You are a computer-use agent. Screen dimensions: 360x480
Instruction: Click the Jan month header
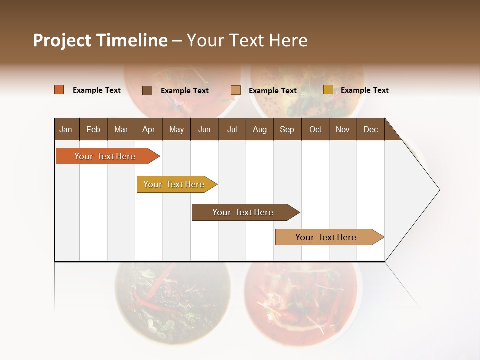[x=66, y=129]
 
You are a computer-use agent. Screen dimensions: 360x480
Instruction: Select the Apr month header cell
[x=148, y=129]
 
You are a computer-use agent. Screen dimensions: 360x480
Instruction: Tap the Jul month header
[x=232, y=129]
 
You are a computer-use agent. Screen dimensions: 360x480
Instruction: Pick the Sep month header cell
[x=287, y=129]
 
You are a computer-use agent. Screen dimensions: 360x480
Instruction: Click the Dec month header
[x=370, y=129]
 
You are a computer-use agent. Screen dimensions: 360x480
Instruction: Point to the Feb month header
[x=93, y=129]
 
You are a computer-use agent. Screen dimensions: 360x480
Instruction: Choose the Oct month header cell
[x=315, y=129]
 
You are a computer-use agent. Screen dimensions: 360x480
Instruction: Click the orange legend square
[x=59, y=90]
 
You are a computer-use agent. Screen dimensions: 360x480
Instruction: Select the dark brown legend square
[x=147, y=90]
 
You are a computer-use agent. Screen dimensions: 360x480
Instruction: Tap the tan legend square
[x=236, y=90]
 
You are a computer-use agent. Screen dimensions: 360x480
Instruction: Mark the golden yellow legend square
[x=328, y=90]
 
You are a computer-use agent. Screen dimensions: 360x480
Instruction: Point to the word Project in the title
[x=62, y=40]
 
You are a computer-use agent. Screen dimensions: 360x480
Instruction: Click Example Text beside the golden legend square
[x=364, y=90]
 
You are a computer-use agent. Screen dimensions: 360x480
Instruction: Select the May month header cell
[x=176, y=129]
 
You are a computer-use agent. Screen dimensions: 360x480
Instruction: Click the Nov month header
[x=343, y=129]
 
